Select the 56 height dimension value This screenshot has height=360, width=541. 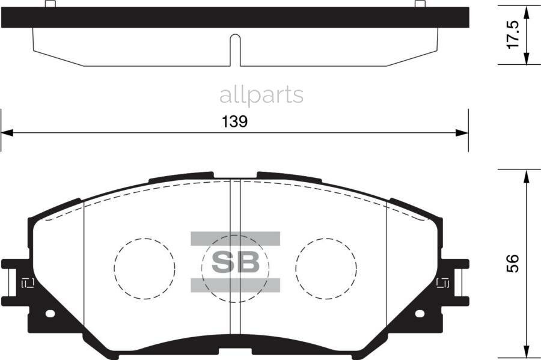512,264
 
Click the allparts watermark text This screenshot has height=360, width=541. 261,94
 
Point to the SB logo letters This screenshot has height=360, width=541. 236,262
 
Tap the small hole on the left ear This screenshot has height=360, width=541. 50,313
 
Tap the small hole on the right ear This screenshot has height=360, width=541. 420,313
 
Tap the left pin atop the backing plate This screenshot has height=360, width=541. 50,5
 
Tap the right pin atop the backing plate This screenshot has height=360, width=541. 420,5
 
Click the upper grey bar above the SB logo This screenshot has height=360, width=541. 236,239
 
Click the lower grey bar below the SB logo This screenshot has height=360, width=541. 236,285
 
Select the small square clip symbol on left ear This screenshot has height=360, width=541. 27,282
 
